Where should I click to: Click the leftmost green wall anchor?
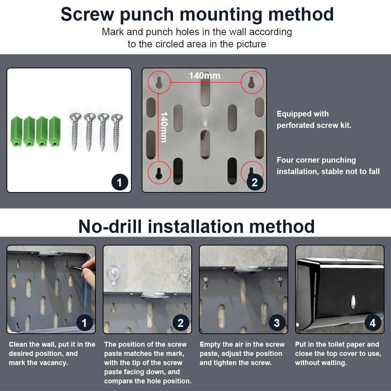point(16,131)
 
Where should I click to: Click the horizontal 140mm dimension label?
point(205,76)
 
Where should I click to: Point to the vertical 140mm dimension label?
point(164,127)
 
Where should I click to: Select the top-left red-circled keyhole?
point(159,82)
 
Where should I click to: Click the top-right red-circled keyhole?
point(252,82)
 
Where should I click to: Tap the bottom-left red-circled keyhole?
point(159,173)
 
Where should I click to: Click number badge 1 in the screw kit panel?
point(120,182)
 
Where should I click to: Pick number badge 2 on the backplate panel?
point(255,182)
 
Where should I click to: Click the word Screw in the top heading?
point(87,14)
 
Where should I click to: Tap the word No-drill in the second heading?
point(110,226)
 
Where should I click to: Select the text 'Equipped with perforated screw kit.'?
point(314,120)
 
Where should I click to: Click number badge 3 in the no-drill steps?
point(277,323)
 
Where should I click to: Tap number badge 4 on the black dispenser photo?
point(373,323)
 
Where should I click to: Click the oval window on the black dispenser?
point(354,302)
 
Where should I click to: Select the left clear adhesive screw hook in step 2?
point(112,274)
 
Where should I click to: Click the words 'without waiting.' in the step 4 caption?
point(321,363)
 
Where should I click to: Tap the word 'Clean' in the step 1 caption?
point(18,344)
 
